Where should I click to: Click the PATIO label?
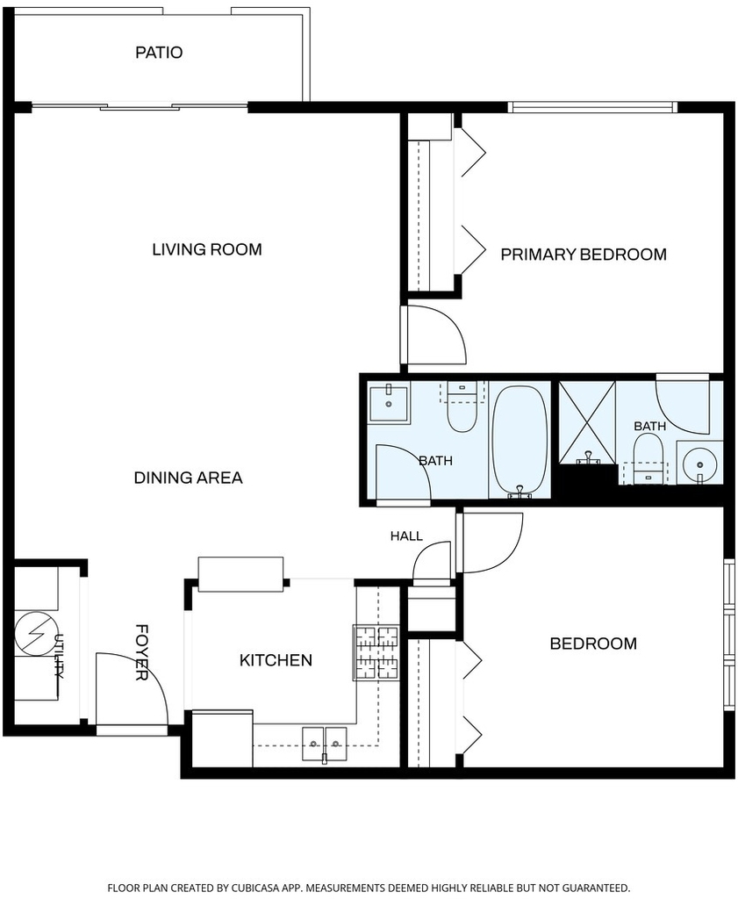point(159,53)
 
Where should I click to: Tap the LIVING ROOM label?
point(207,249)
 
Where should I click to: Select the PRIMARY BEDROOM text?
point(584,254)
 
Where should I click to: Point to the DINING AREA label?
point(188,478)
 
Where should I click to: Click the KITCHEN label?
point(276,660)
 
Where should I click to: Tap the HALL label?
point(406,536)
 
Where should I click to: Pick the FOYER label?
point(141,652)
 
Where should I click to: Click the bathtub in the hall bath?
point(519,441)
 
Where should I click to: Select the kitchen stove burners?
point(376,652)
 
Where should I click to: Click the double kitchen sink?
point(325,744)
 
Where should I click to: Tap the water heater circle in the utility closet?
point(35,634)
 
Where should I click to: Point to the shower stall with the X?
point(587,422)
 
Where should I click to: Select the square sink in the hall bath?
point(389,404)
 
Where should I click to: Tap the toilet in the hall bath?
point(462,407)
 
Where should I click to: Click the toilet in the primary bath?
point(648,458)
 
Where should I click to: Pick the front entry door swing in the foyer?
point(132,688)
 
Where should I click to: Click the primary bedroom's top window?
point(593,107)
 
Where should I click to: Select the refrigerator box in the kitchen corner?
point(222,737)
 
